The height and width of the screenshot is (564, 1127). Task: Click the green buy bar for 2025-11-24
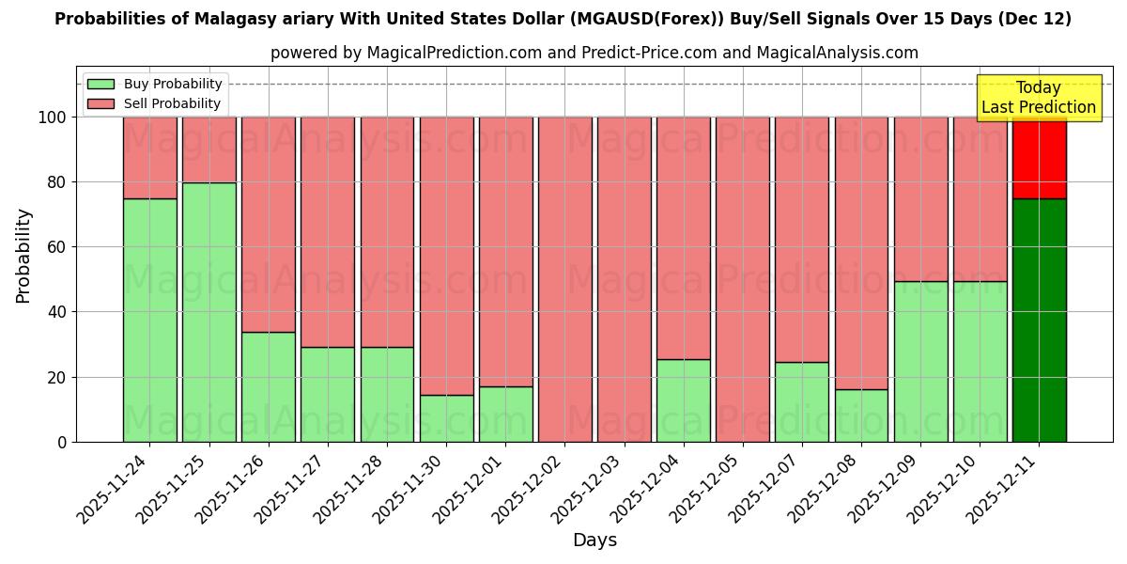[149, 320]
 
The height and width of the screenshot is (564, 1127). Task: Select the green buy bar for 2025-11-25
[208, 312]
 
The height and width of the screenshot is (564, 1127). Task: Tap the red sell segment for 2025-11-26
[268, 224]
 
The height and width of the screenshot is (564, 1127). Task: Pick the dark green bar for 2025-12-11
[1039, 320]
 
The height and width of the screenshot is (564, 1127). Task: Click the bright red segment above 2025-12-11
[1039, 157]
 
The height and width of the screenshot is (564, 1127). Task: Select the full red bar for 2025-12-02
[564, 279]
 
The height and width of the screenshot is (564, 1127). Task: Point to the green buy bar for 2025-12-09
[920, 361]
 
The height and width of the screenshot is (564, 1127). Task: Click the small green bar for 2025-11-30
[446, 418]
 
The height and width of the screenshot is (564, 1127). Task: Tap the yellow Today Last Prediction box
[1038, 98]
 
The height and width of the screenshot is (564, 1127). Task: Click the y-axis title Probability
[23, 255]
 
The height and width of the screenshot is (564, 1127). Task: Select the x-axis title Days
[594, 540]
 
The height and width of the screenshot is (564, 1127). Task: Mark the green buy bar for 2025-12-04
[684, 400]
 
